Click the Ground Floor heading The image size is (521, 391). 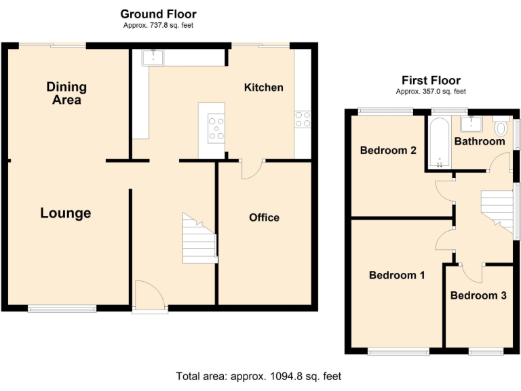click(158, 14)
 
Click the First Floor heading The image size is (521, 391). click(431, 80)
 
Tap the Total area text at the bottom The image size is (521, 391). click(258, 375)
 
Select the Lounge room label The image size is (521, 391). click(65, 213)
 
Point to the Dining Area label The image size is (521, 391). click(66, 93)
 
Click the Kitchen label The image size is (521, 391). click(263, 87)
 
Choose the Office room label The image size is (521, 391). click(264, 217)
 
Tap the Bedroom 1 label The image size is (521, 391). click(397, 275)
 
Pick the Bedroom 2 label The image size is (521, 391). click(388, 150)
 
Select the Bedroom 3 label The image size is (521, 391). click(478, 295)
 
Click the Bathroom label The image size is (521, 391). click(480, 141)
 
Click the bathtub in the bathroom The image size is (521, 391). click(438, 143)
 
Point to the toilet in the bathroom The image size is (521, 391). click(501, 127)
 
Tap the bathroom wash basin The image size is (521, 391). click(470, 124)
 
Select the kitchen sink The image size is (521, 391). click(153, 58)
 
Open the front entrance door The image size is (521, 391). click(149, 297)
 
